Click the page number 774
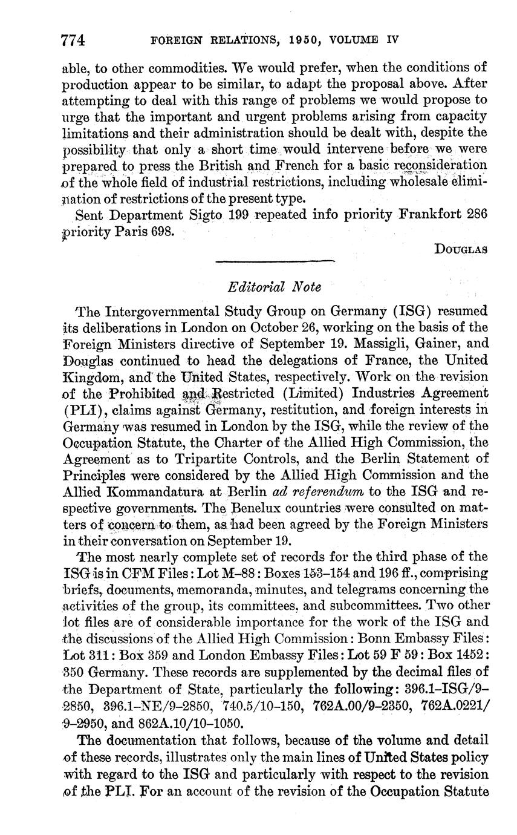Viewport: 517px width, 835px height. coord(73,41)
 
